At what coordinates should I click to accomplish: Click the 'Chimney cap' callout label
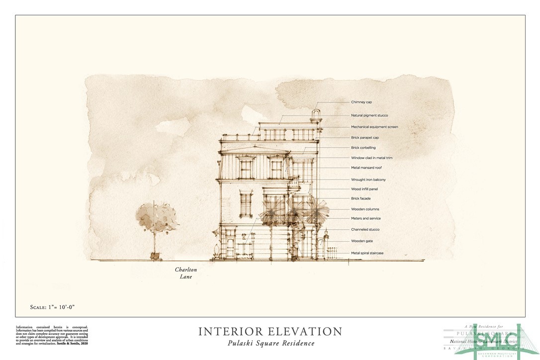pos(361,102)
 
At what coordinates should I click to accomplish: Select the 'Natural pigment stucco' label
pos(369,115)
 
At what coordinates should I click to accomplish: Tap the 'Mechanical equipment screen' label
pos(374,127)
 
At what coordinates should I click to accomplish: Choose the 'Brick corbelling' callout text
pos(363,148)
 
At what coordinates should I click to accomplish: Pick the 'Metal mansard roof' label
pos(366,168)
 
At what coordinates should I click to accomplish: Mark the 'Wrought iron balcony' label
pos(368,180)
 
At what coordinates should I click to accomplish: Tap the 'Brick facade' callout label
pos(361,198)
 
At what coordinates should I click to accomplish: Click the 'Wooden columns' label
pos(365,209)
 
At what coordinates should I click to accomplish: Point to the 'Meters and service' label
pos(366,219)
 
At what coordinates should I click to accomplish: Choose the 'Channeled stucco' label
pos(365,230)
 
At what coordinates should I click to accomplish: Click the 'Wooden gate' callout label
pos(361,241)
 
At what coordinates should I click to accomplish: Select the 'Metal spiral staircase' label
pos(367,253)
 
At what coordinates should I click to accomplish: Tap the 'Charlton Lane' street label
pos(183,273)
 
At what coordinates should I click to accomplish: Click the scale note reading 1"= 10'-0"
pos(48,307)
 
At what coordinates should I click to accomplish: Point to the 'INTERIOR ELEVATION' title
pos(270,332)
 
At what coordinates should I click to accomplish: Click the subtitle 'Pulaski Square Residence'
pos(270,344)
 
